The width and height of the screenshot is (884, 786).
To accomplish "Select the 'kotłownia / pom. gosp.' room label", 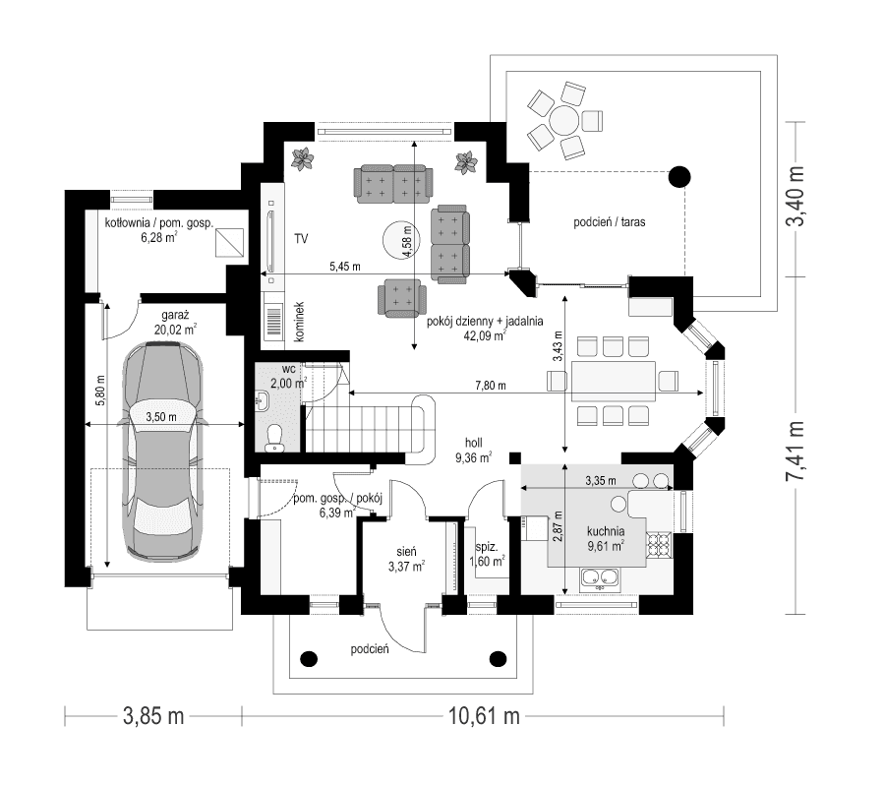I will [x=159, y=223].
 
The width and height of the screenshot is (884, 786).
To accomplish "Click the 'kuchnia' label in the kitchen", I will [x=606, y=530].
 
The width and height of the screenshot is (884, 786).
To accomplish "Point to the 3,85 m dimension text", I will [x=153, y=716].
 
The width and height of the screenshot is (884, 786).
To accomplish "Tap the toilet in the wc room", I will [x=276, y=438].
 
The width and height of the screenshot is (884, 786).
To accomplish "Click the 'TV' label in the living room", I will [x=301, y=239].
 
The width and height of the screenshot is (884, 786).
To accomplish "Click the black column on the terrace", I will [x=678, y=177].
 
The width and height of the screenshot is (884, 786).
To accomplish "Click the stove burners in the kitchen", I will [x=658, y=543].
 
